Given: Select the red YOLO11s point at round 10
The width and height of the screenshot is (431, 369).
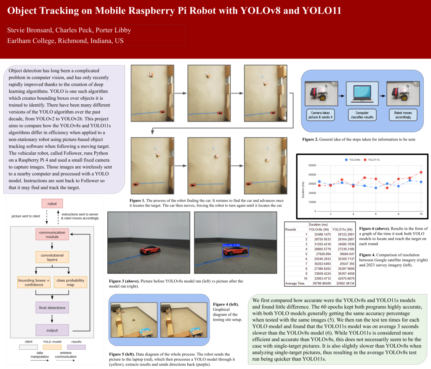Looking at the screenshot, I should [420, 172].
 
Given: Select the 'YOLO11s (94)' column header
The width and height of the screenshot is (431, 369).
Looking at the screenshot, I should [343, 229].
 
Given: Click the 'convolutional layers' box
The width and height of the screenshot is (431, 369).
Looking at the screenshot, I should [52, 258].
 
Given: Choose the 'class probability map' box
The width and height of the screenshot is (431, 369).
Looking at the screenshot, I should [70, 282].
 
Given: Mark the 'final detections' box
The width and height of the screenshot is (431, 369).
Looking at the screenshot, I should [52, 308].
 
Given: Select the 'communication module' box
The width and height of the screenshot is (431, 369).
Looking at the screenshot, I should [52, 235].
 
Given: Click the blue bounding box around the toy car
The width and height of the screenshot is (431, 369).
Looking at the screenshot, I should [235, 251].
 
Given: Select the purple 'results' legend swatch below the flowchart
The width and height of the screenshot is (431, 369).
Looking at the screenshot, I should [77, 348].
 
